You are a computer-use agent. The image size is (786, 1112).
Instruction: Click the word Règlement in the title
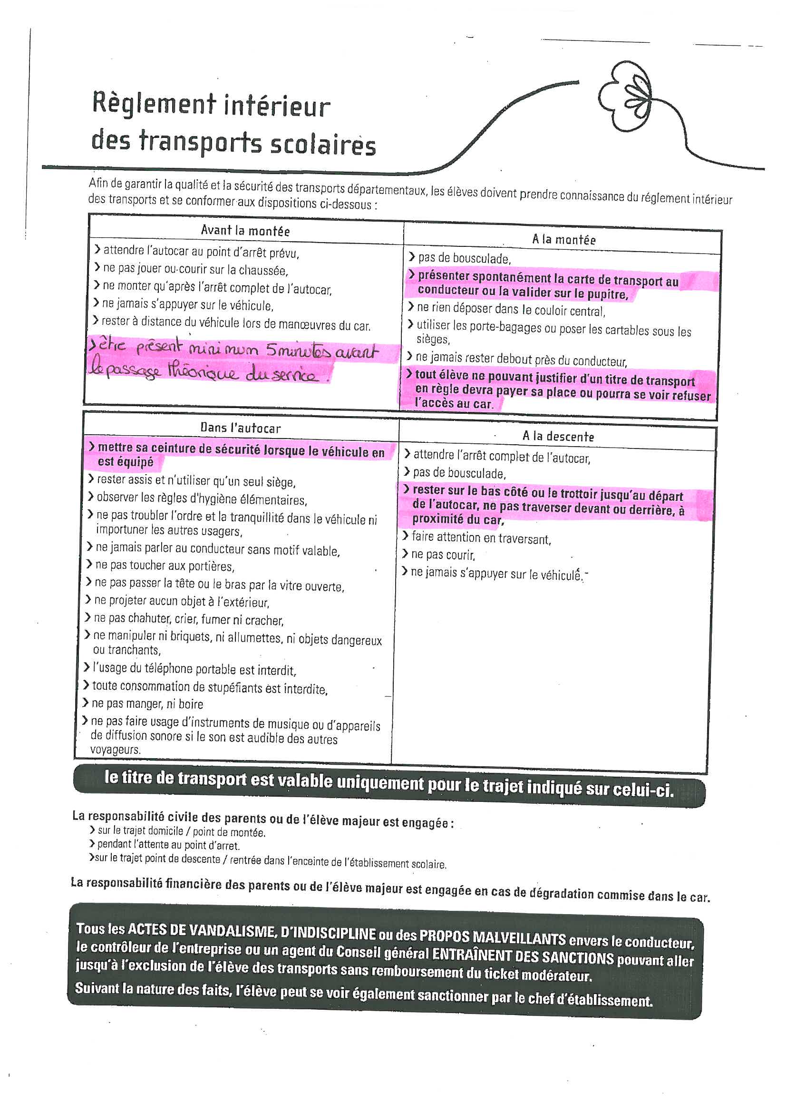tap(154, 104)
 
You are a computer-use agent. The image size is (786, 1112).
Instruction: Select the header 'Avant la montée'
tap(245, 231)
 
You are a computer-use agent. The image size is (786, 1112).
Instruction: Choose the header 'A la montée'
tap(564, 239)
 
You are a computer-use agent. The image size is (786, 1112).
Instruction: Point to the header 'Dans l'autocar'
tap(240, 428)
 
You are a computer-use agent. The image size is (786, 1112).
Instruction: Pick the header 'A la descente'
tap(558, 436)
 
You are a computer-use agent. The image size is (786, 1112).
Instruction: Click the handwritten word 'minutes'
tap(298, 350)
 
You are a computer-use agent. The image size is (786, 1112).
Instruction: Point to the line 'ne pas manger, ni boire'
tap(147, 704)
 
